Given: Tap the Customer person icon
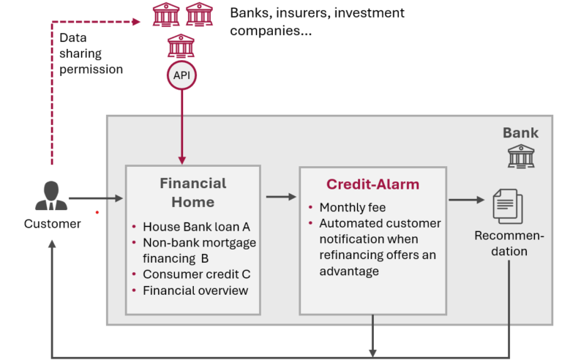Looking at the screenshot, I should (x=51, y=195).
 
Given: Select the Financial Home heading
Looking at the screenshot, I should (x=193, y=192).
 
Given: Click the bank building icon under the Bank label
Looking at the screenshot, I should (x=521, y=155).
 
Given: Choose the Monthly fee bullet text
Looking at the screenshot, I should (x=352, y=207).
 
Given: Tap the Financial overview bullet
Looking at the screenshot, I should (x=195, y=290).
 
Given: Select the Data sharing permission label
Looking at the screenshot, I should (x=91, y=53).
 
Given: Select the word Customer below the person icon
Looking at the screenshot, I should (x=52, y=224).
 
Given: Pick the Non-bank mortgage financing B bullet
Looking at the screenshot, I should (x=199, y=250).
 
